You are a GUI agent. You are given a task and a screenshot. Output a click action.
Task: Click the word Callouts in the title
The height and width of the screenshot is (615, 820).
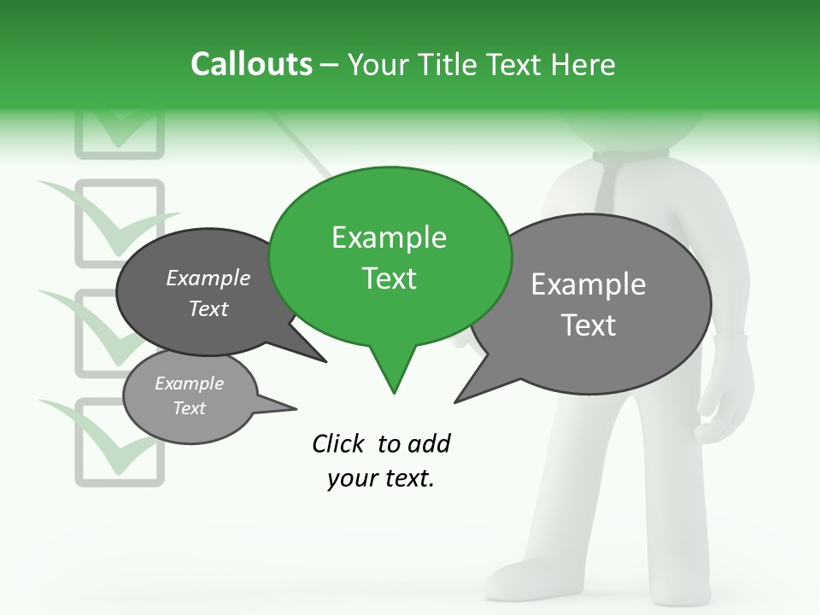click(251, 64)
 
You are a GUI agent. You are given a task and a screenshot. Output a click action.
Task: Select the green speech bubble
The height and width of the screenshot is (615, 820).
click(389, 256)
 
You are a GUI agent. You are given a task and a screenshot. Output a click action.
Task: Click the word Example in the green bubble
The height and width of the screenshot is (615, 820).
click(389, 237)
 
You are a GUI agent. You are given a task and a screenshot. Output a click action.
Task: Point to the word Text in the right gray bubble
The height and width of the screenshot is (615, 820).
click(589, 325)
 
